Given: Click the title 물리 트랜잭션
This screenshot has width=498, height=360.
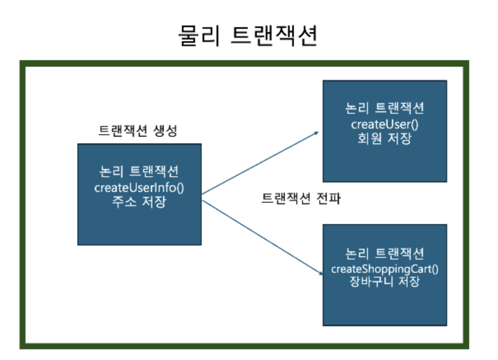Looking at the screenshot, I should point(248,36).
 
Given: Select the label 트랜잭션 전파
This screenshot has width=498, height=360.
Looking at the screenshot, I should point(301,199).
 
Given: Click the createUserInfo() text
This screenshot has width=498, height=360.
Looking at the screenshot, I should point(139,188).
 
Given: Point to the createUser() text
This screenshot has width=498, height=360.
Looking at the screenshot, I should point(384,124).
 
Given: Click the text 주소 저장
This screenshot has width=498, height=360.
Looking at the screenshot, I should point(139,203).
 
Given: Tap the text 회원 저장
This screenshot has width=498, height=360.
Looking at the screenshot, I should point(384,138).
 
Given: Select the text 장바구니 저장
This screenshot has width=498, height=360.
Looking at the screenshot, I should point(384,283).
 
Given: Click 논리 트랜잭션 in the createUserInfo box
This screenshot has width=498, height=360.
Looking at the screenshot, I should point(139,171).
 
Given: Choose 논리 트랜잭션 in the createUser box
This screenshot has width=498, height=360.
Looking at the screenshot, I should point(384,109).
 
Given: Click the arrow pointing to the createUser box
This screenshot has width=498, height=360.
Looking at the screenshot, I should point(260,163).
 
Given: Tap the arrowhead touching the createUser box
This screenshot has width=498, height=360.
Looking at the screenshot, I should point(317,133).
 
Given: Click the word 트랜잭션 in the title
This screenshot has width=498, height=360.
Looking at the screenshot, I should point(274,36).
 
